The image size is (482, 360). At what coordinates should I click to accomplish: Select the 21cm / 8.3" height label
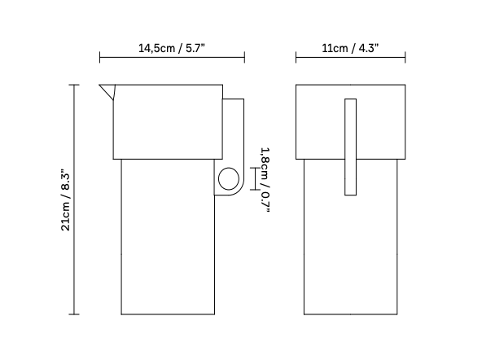click(x=66, y=200)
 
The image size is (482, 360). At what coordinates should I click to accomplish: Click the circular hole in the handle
click(x=230, y=179)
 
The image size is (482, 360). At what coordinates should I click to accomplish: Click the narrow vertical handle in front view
click(x=350, y=147)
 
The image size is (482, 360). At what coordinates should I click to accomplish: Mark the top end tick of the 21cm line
click(x=76, y=84)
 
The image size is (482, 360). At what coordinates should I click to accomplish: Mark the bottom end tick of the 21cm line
click(x=76, y=314)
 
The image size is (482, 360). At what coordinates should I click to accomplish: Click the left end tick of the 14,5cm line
click(x=99, y=58)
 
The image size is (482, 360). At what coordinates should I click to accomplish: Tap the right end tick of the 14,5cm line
click(x=244, y=58)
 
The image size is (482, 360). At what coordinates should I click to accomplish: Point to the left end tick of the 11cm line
click(x=296, y=58)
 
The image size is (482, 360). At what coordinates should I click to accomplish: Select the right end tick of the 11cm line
click(x=405, y=58)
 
